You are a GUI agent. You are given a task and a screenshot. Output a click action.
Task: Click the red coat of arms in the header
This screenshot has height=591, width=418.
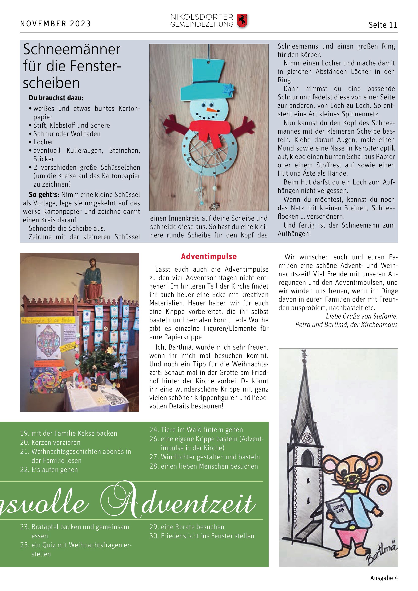tap(242, 21)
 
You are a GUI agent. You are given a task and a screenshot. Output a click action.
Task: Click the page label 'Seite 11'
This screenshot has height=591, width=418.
tap(383, 25)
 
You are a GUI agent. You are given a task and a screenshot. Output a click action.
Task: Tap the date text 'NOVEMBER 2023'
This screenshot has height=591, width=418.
tap(55, 24)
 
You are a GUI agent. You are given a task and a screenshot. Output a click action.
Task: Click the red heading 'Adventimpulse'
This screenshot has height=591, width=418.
tap(209, 256)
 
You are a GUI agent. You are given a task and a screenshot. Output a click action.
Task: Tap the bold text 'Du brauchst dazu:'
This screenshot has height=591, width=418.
tap(56, 98)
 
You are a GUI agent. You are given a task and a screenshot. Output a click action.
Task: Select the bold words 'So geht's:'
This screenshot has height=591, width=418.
tap(44, 195)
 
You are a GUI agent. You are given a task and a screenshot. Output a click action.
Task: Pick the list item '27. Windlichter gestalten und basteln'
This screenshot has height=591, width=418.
tap(205, 457)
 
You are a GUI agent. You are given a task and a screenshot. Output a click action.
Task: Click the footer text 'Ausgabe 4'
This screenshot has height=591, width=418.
tap(384, 578)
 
